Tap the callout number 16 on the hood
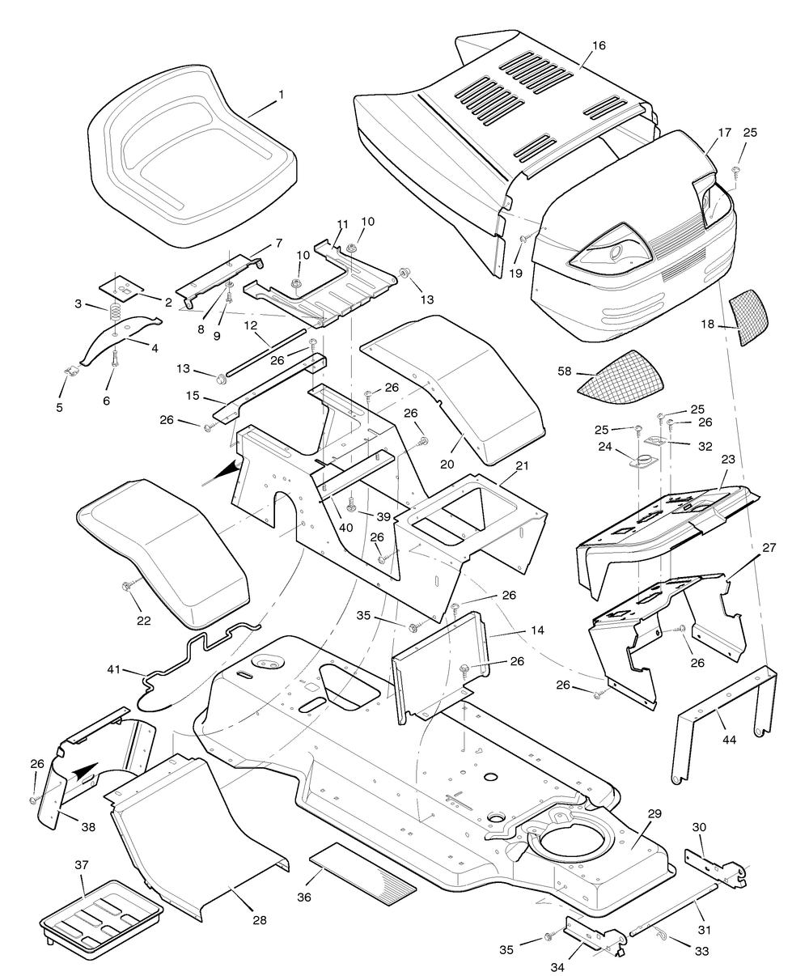click(599, 45)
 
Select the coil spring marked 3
click(115, 312)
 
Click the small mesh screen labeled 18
click(749, 317)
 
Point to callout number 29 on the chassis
click(654, 814)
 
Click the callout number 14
click(538, 630)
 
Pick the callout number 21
click(522, 466)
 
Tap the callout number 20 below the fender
click(447, 465)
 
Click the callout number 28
click(260, 920)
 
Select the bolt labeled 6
click(115, 368)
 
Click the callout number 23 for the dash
click(728, 460)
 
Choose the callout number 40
click(345, 528)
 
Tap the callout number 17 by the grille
click(724, 133)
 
